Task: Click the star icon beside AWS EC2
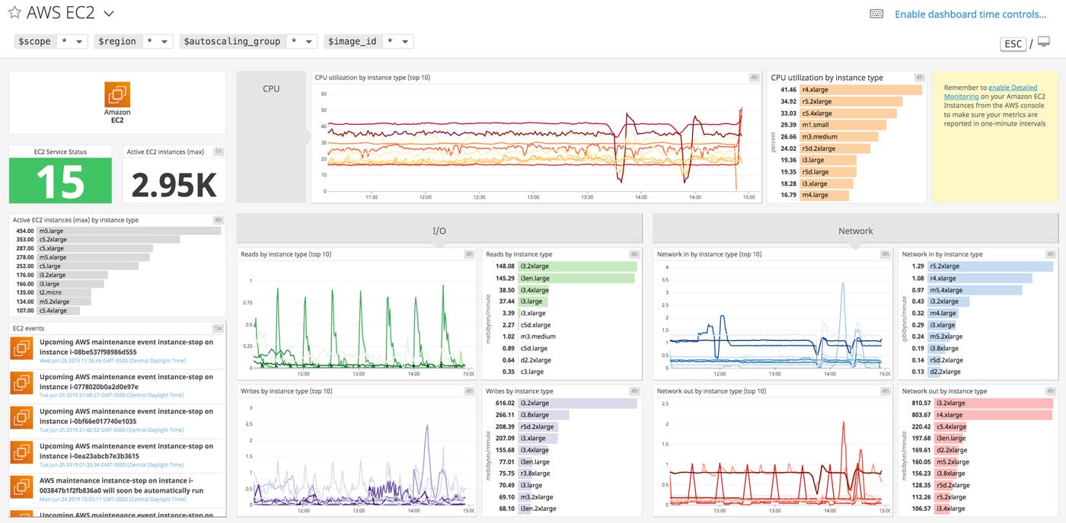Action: point(14,13)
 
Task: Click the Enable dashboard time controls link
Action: point(970,14)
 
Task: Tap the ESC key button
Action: point(1013,43)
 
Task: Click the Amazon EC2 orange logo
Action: point(117,95)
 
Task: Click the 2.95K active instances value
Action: point(174,185)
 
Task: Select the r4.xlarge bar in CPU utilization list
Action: point(861,90)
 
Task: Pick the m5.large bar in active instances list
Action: point(129,231)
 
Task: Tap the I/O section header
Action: point(439,231)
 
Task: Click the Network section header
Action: point(855,231)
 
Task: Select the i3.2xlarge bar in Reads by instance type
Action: point(576,266)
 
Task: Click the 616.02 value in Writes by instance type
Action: point(505,403)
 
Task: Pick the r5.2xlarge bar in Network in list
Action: point(982,266)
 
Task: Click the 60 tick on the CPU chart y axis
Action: point(323,94)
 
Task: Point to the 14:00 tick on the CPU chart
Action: point(640,197)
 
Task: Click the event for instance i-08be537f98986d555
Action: point(126,347)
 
